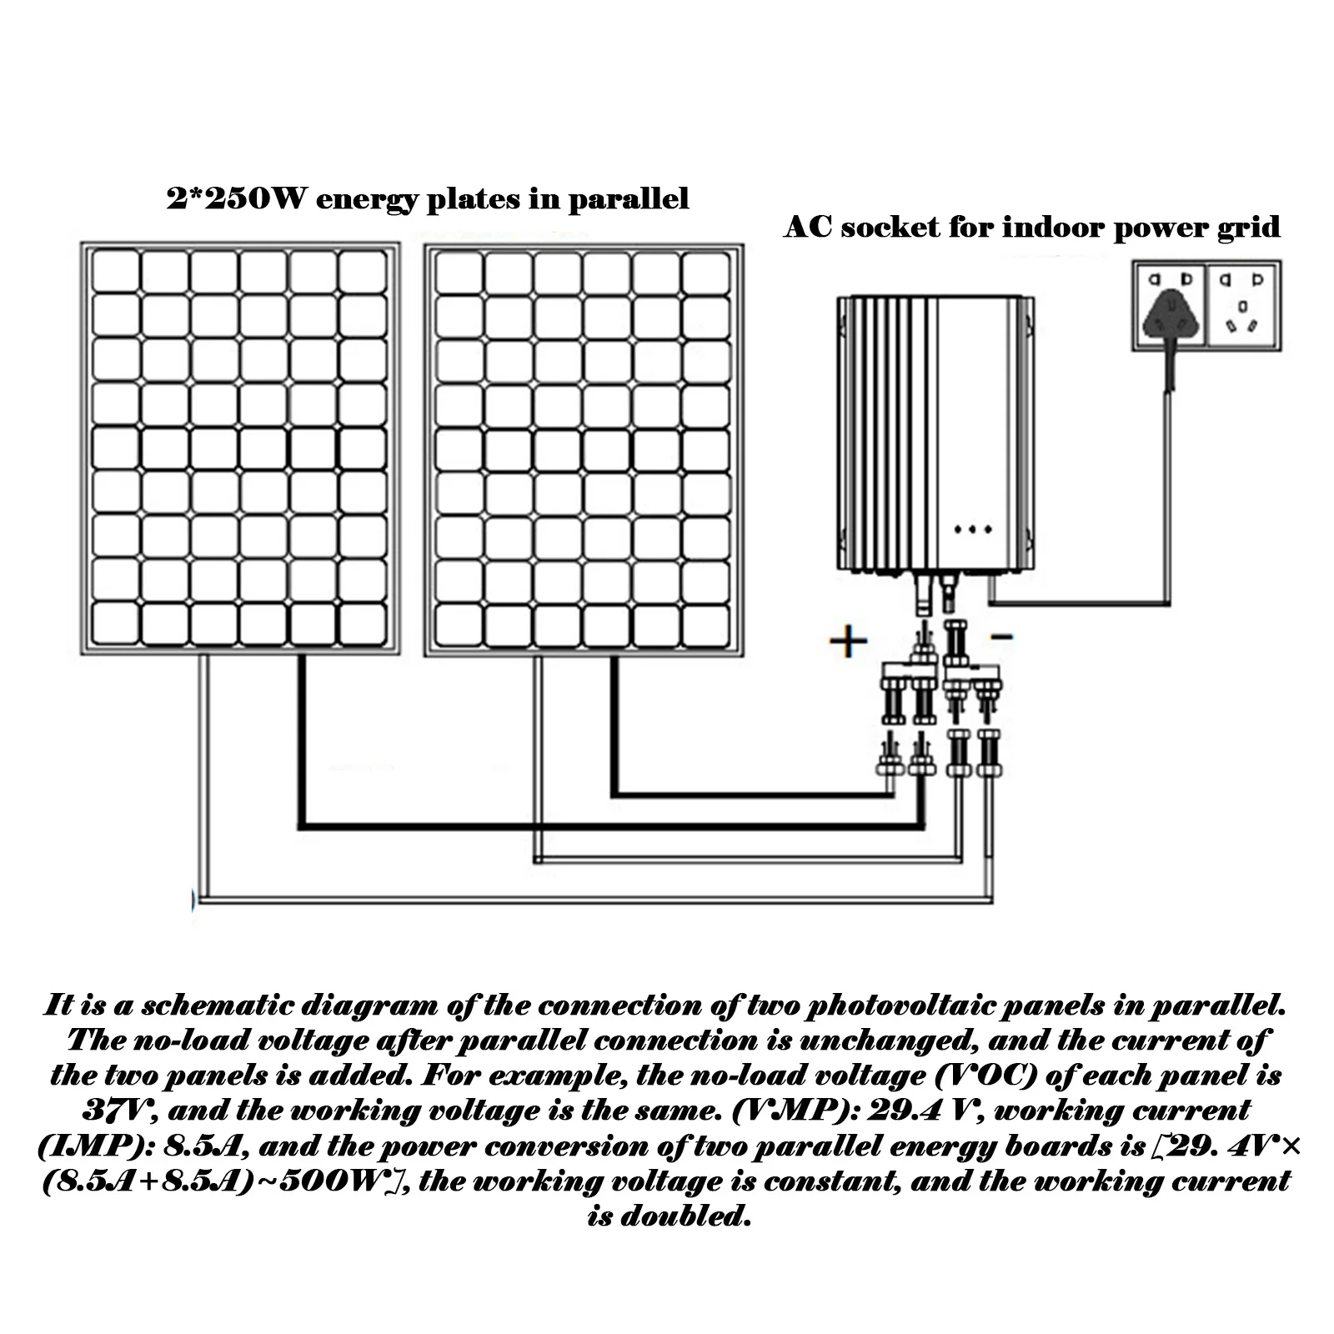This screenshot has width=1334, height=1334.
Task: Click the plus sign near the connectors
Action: pyautogui.click(x=849, y=641)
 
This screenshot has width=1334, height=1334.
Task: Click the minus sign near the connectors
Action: pyautogui.click(x=1002, y=637)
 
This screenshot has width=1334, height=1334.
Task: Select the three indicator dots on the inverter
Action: pyautogui.click(x=972, y=529)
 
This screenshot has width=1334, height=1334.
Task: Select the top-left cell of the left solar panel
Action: pyautogui.click(x=115, y=270)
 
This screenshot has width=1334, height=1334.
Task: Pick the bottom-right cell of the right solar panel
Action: pyautogui.click(x=705, y=621)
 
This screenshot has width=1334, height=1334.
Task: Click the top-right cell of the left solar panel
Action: pyautogui.click(x=363, y=270)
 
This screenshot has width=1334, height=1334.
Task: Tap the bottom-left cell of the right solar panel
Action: pyautogui.click(x=459, y=621)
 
